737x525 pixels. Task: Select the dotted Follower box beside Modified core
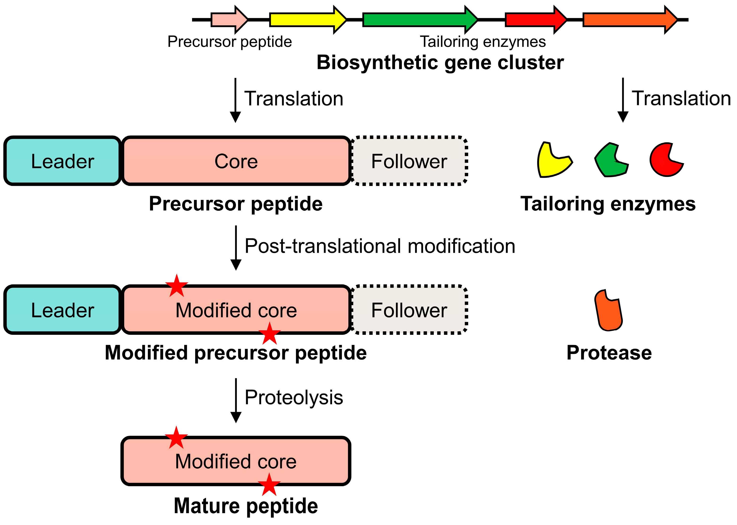click(409, 310)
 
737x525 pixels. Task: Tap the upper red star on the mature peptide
click(176, 438)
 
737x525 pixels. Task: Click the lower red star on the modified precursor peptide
click(269, 334)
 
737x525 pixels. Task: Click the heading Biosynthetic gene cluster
click(440, 62)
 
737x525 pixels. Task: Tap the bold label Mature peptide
click(246, 506)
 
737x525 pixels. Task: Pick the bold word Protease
click(609, 353)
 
